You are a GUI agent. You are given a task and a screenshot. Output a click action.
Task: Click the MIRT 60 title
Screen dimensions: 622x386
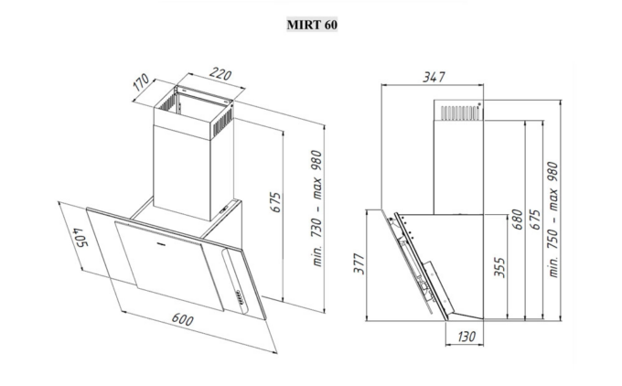[312, 25]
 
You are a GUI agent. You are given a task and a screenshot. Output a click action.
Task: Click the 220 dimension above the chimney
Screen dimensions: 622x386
[220, 74]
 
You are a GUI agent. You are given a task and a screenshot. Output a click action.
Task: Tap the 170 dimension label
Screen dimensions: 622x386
[141, 82]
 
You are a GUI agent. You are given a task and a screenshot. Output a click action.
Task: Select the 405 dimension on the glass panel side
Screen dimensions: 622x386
[80, 237]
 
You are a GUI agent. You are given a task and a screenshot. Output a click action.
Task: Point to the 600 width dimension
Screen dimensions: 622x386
[182, 319]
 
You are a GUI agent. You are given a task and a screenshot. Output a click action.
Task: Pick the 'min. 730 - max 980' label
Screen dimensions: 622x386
[316, 209]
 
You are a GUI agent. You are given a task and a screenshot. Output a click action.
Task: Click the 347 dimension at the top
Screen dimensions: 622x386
[434, 77]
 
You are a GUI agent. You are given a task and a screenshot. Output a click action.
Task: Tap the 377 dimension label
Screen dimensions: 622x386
[359, 263]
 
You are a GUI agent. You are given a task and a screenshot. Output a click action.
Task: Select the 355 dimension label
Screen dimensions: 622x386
[499, 267]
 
